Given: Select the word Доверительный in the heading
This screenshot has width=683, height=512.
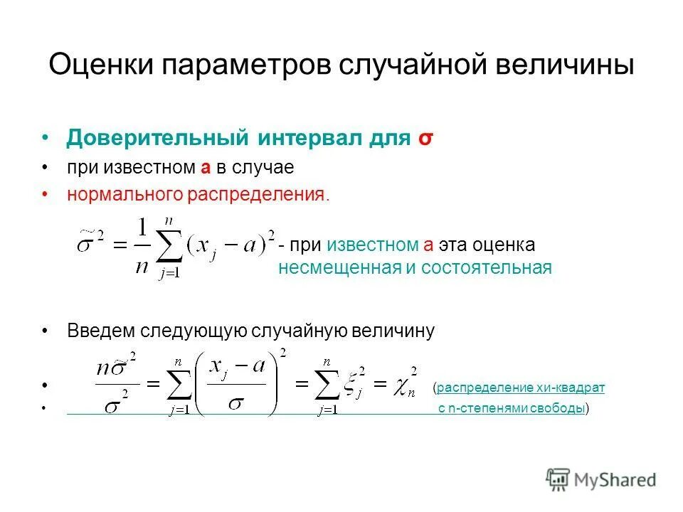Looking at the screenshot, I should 157,137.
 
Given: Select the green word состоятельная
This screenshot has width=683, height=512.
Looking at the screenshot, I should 486,268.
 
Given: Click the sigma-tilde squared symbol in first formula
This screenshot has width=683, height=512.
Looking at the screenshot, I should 91,245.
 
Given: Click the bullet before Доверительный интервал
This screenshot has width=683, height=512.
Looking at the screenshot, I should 46,137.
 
